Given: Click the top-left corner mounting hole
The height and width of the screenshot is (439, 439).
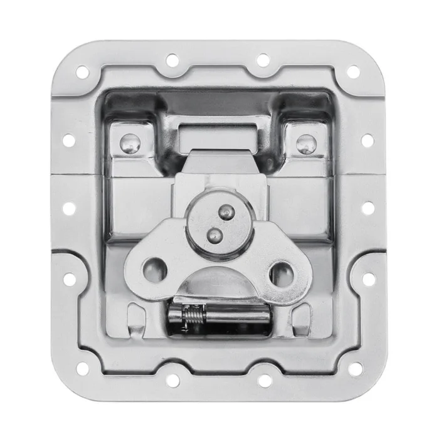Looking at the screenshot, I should pos(82,72).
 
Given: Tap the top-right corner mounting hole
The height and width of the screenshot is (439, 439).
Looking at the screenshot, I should pos(354,72).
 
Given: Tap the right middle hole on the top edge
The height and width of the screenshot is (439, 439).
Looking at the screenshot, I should pos(263,60).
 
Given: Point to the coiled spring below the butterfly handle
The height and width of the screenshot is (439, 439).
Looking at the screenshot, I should pos(189,313).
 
